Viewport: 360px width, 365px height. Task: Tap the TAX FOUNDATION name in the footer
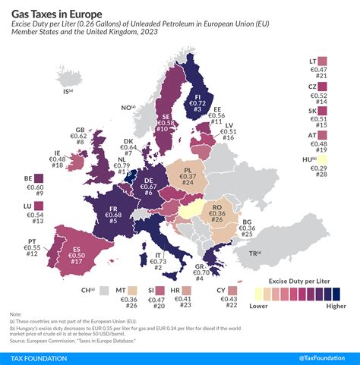39,358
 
